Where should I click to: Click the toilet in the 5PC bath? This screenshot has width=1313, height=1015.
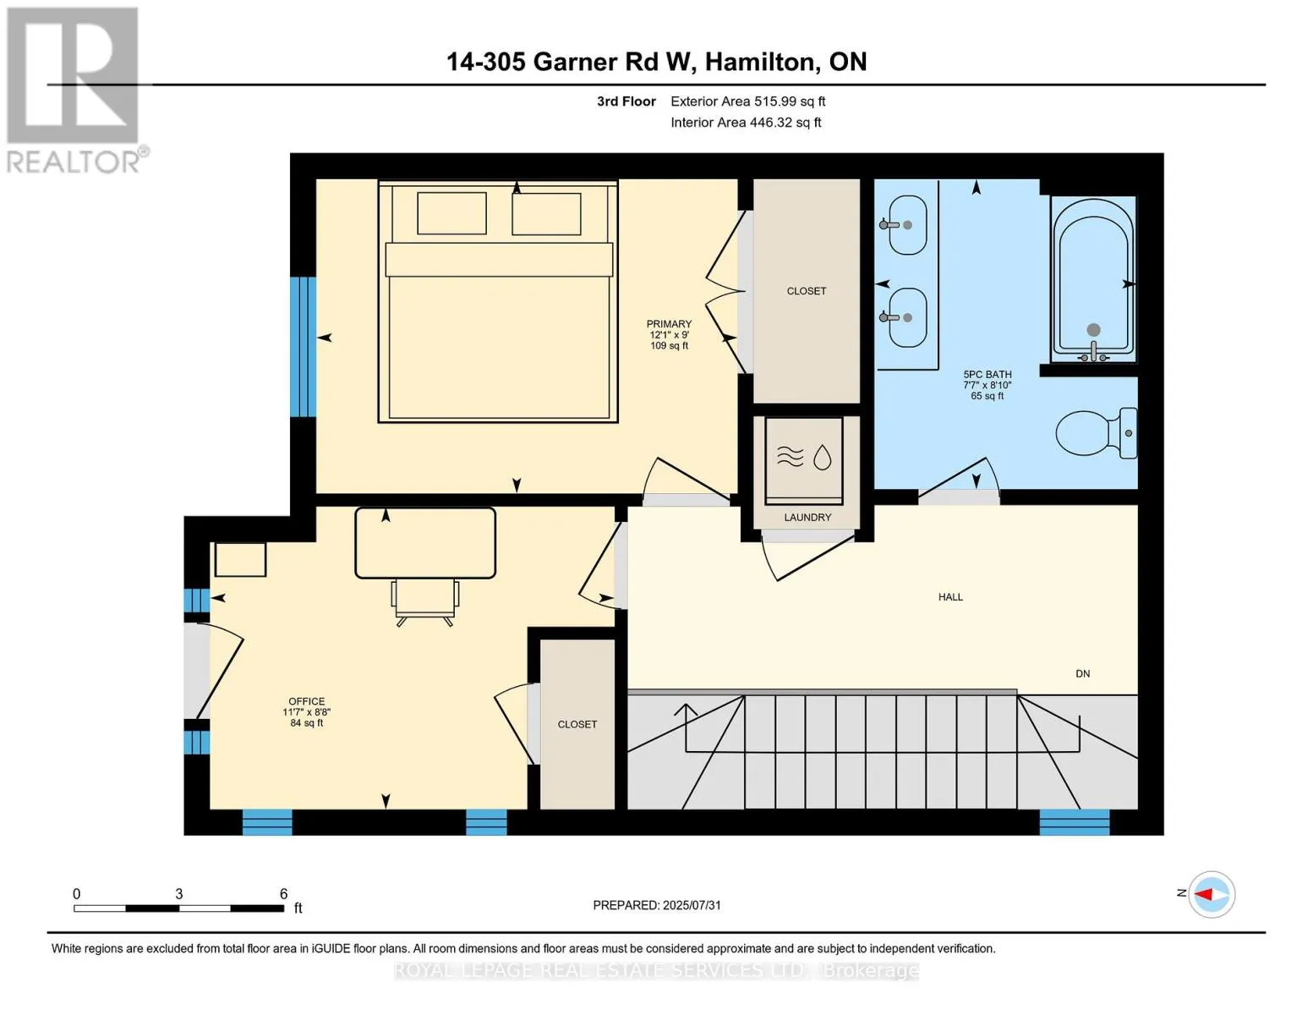1095,433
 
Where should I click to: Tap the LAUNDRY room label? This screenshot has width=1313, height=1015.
807,518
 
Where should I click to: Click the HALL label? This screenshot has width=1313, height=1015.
950,597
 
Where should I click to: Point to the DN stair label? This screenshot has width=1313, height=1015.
1082,674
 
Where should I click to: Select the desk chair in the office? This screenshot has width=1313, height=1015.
424,601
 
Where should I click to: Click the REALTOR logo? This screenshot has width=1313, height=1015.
74,89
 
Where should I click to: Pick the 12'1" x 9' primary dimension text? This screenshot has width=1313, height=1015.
669,335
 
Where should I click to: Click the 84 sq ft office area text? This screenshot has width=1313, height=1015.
306,723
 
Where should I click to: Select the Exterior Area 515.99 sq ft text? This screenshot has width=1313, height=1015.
747,101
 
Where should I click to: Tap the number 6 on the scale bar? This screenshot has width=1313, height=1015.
284,894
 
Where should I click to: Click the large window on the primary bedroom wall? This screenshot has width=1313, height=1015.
303,347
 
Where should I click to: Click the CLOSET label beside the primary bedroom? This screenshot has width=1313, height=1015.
806,291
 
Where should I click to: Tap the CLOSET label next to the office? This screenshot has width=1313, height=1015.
577,725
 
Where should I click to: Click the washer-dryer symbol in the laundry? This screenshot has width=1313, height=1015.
804,458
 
